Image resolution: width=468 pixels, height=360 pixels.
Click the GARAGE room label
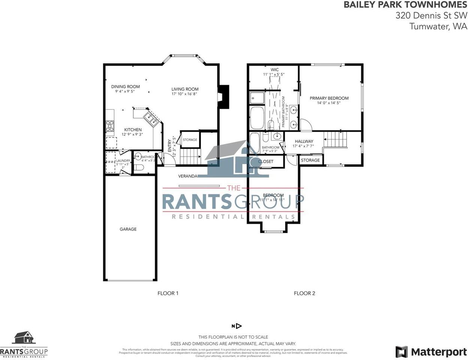pos(128,229)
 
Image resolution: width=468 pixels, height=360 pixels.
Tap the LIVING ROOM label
pos(185,89)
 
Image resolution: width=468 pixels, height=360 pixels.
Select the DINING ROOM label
pos(126,87)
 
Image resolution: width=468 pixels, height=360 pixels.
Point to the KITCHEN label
pos(133,130)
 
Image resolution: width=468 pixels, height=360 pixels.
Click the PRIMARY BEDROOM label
pos(329,98)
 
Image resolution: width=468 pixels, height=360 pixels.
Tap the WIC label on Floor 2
pos(275,70)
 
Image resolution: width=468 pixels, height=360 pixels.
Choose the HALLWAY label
pos(304,141)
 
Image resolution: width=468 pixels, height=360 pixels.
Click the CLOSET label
pos(266,162)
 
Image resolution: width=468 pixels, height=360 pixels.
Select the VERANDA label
pos(188,176)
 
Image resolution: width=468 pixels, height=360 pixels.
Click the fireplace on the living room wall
pos(224,97)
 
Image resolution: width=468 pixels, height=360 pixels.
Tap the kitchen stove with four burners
pos(110,126)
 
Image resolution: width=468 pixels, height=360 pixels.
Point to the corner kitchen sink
pos(152,118)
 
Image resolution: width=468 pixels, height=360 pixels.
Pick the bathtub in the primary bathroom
pos(257,117)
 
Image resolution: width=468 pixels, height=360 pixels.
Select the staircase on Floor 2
pos(336,139)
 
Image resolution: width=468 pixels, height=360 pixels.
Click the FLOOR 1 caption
pos(168,293)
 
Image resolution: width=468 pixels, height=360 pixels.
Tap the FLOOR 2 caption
pos(304,293)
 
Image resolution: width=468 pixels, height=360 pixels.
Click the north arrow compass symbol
pos(237,326)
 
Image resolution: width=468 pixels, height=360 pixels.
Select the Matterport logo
pos(431,352)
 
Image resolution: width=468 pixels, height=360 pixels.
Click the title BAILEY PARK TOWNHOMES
pos(405,5)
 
